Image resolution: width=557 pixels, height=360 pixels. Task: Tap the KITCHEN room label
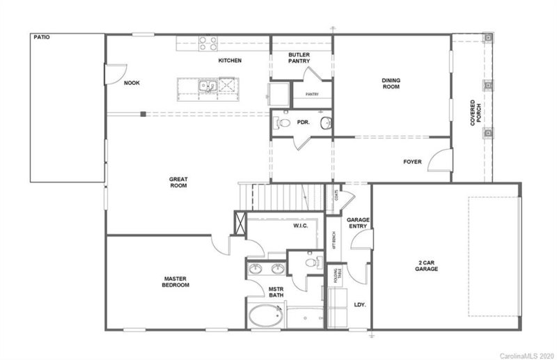(x=230, y=61)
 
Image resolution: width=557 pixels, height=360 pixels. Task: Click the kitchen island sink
(x=207, y=87)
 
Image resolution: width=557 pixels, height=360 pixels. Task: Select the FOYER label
(x=413, y=162)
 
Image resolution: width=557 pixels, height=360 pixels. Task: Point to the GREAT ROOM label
(x=179, y=182)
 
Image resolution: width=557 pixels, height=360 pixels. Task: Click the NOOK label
(x=132, y=83)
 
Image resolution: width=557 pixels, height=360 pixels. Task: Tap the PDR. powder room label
(x=303, y=122)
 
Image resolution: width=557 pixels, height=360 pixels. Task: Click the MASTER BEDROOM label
(x=175, y=281)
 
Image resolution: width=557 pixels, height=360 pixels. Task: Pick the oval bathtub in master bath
(x=265, y=317)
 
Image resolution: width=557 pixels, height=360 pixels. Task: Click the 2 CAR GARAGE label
(x=426, y=265)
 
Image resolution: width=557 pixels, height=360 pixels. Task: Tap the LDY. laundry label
(x=360, y=304)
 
